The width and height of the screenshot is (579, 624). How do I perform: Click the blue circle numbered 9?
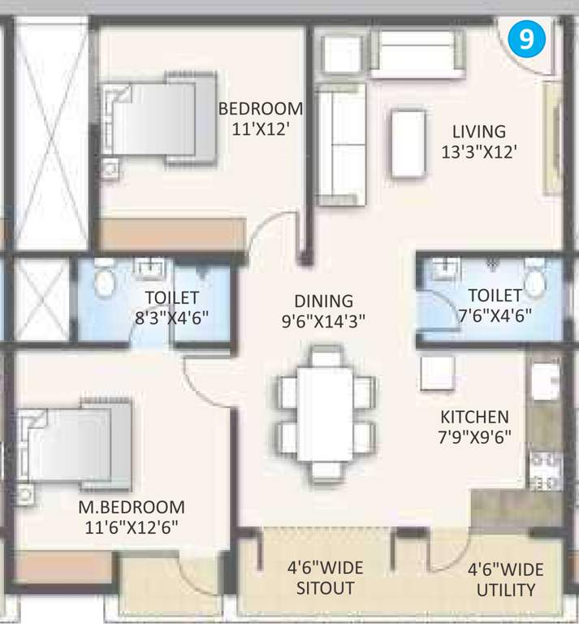coord(527,40)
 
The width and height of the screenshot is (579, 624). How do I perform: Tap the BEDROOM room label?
coord(261,109)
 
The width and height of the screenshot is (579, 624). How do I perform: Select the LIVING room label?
coord(478,131)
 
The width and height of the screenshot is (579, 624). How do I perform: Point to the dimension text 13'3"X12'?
coord(478,151)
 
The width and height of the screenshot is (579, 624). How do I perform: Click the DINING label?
coord(324,301)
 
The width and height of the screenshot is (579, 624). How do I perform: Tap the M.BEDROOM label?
coord(131,506)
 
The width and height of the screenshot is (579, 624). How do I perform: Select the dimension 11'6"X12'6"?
coord(130,526)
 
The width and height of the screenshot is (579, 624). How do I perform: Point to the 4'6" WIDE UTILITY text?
coord(505,578)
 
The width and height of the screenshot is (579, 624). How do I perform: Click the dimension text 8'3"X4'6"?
coord(171,317)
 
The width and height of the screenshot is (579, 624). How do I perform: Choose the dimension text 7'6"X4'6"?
coord(495,314)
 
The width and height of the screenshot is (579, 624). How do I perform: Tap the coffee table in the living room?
coord(408,143)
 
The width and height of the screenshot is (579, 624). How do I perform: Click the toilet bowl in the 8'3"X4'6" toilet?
coord(104,280)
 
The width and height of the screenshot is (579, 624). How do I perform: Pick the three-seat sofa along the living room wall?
coord(339,146)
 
